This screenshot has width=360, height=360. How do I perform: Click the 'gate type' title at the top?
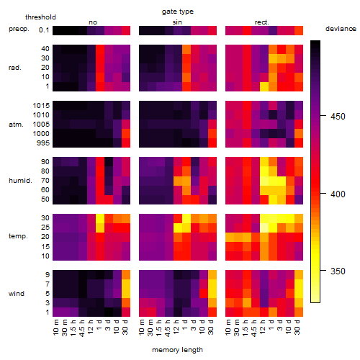click(x=178, y=12)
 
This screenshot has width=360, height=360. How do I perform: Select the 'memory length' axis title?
click(x=177, y=350)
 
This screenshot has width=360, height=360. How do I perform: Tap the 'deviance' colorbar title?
click(x=341, y=29)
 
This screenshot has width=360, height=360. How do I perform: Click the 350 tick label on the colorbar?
click(x=338, y=271)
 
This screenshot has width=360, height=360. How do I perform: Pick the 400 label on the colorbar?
click(x=338, y=194)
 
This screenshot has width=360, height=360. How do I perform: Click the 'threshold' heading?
click(x=40, y=17)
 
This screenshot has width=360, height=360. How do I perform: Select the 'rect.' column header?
click(x=262, y=22)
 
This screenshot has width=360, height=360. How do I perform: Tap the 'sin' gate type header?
click(x=177, y=22)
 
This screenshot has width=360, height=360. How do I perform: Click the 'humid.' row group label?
click(x=20, y=180)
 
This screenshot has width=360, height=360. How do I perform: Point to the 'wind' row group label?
click(x=17, y=294)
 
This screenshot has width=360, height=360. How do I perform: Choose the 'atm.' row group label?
click(x=16, y=125)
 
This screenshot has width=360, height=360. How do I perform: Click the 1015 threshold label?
click(x=41, y=106)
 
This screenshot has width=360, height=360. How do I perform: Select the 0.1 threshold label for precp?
click(x=44, y=30)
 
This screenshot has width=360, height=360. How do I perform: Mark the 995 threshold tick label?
click(x=43, y=143)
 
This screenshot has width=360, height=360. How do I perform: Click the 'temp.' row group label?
click(x=18, y=236)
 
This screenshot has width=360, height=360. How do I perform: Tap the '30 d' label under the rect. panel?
click(x=297, y=327)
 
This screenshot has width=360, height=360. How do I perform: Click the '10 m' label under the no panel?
click(x=56, y=328)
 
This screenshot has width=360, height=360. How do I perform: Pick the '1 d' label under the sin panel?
click(x=185, y=325)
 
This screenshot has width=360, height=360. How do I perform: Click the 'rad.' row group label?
click(x=15, y=68)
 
